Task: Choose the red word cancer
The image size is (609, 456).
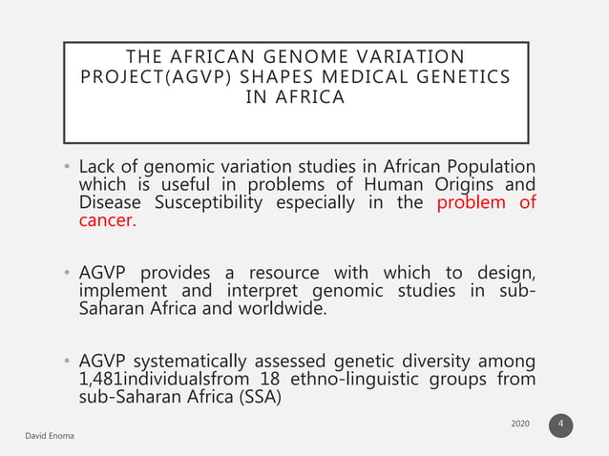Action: pos(107,220)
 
